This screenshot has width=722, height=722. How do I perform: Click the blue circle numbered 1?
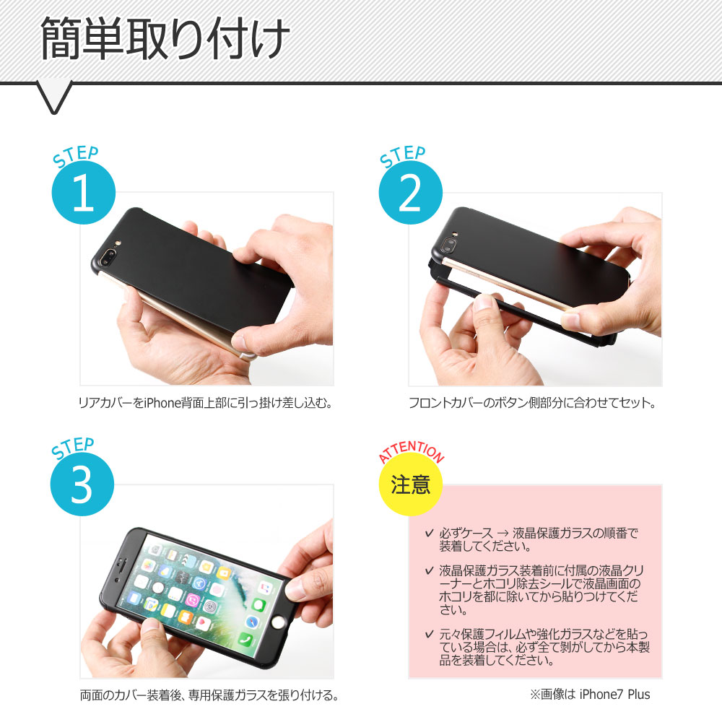pos(83,193)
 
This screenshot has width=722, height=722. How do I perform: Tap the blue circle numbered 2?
pos(410,193)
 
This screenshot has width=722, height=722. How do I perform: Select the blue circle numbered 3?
pos(82,484)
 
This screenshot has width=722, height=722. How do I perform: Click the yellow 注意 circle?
pos(410,484)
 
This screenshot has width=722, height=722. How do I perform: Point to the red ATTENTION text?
pos(412,451)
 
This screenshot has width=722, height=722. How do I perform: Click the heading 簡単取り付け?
pos(165,38)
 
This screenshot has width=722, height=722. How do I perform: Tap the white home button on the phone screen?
pos(278,623)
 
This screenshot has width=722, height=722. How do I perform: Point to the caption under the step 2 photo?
pos(532,403)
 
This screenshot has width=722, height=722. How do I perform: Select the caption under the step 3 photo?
pos(209,695)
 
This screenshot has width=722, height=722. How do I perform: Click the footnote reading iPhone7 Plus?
pos(614,695)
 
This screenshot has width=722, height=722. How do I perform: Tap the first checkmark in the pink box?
pos(429,534)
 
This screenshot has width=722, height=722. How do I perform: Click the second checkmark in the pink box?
pos(429,571)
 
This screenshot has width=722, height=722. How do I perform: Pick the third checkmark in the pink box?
pos(429,635)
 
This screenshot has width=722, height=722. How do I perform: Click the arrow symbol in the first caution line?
pos(503,534)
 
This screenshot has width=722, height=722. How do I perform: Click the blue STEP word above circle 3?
pos(73,448)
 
